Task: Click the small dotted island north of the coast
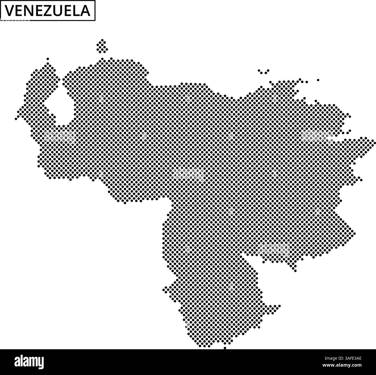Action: click(x=102, y=47)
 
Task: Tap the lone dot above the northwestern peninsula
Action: click(x=48, y=59)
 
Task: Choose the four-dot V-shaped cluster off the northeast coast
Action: click(x=263, y=71)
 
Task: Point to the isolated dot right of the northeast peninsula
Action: click(x=318, y=80)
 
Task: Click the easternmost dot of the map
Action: click(x=373, y=141)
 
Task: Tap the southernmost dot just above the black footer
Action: click(x=225, y=348)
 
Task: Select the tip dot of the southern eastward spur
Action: click(x=279, y=306)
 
